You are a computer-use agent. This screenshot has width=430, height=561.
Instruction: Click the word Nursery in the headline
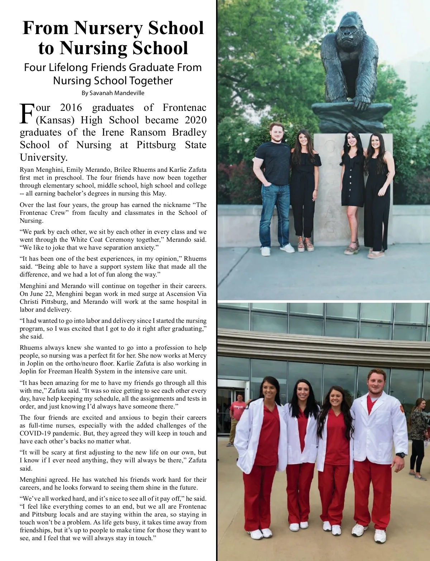click(109, 28)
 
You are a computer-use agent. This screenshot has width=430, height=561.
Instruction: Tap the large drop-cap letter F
click(27, 114)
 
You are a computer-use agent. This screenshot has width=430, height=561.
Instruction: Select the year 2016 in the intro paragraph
click(71, 108)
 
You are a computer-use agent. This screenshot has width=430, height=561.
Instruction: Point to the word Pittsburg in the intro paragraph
click(156, 145)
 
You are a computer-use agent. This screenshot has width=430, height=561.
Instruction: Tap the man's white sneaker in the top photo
click(266, 251)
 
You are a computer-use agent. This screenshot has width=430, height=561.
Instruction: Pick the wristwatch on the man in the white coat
click(401, 455)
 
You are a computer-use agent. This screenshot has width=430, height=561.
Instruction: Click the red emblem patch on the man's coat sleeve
click(401, 409)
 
